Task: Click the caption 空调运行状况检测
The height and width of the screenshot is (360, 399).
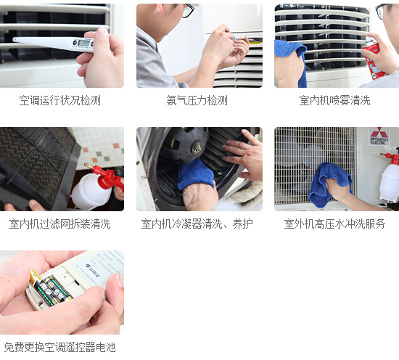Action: click(59, 101)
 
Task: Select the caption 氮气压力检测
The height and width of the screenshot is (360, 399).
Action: click(197, 101)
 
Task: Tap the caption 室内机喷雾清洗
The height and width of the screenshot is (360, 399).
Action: click(334, 101)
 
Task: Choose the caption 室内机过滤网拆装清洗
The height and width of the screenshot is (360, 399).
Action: click(59, 224)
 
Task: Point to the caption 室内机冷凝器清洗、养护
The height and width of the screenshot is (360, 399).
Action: click(197, 224)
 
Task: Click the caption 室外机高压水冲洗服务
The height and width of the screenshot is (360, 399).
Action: click(334, 224)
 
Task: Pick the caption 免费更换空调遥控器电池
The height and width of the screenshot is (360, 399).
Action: click(59, 348)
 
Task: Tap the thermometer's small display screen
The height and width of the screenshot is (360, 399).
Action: click(83, 44)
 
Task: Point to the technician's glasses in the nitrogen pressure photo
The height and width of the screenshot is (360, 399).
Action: click(187, 11)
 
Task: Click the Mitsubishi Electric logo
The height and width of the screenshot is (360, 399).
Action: click(379, 138)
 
